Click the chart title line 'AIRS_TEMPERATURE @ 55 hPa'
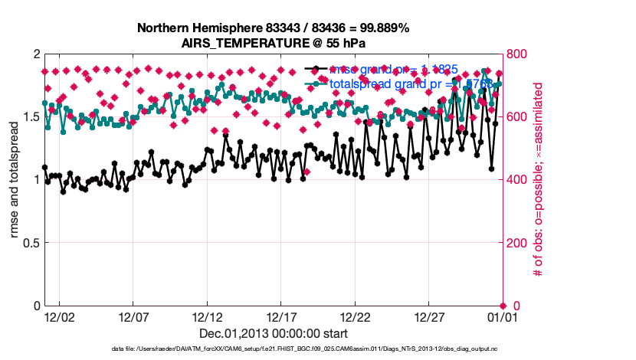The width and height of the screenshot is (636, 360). pos(273,43)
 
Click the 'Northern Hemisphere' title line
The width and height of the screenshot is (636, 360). pos(273,28)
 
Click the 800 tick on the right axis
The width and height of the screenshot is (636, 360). pos(520,54)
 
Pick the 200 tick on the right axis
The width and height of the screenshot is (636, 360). pos(520,244)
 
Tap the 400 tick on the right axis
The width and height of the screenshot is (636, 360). pos(520,180)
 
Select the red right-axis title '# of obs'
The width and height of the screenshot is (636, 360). pos(539,180)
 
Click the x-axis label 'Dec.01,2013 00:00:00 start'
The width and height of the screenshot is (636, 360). pos(273,334)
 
